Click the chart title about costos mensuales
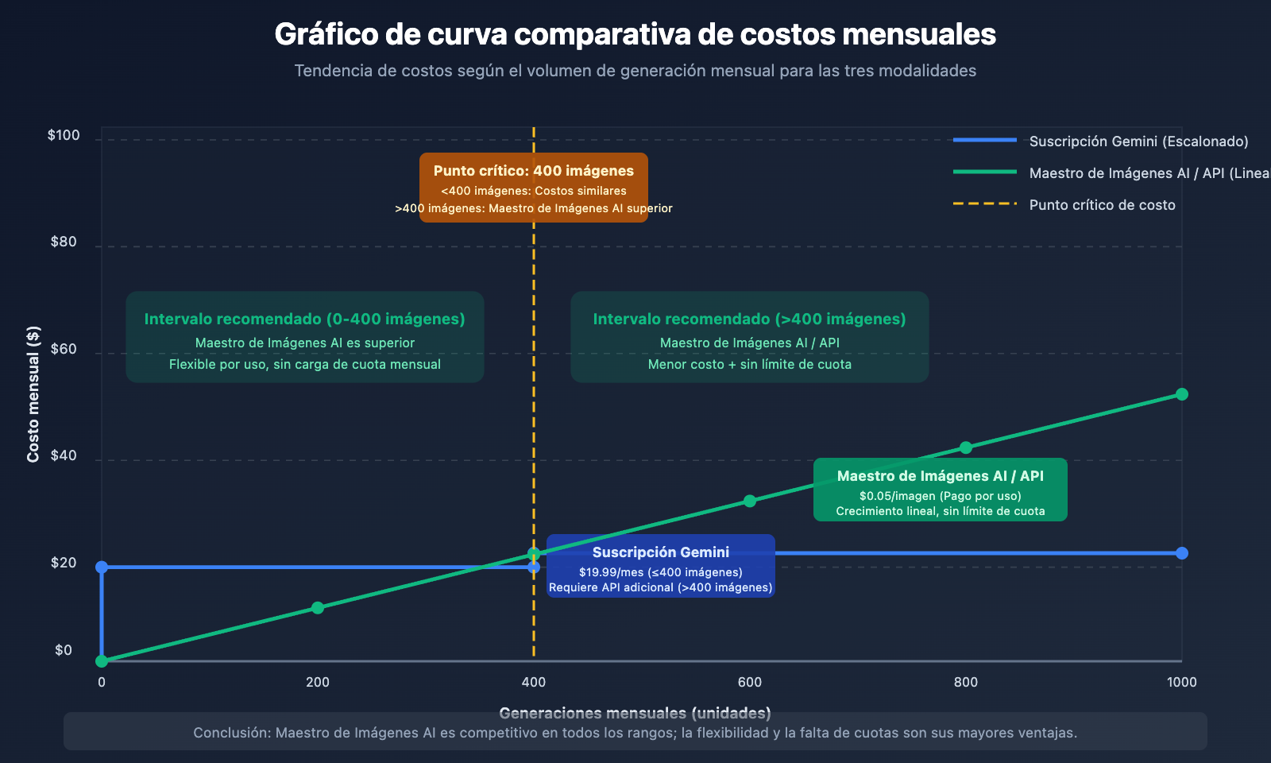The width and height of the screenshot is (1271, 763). (635, 35)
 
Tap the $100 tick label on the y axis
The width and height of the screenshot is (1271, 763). (64, 135)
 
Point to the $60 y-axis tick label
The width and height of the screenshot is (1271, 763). (64, 349)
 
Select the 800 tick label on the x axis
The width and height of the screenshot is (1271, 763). (965, 682)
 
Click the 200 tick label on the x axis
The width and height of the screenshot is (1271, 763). (318, 682)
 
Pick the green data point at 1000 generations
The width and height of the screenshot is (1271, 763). (1181, 394)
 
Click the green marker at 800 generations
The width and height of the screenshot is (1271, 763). (965, 447)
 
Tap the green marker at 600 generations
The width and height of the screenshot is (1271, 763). (749, 501)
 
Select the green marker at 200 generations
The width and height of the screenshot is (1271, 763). (318, 608)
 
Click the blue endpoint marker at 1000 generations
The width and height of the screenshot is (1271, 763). (1181, 553)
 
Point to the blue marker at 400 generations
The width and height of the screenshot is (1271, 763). (534, 567)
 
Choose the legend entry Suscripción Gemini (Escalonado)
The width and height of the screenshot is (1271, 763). (1138, 141)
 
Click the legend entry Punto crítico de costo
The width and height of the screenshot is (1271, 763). (1102, 205)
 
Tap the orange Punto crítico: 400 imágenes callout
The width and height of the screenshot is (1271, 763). (533, 188)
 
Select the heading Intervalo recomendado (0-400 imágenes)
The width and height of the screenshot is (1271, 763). (304, 320)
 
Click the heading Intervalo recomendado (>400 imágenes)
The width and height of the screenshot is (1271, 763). (749, 320)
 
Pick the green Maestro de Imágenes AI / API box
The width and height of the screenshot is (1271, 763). (940, 490)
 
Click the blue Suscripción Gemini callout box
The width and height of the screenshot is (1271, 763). (660, 566)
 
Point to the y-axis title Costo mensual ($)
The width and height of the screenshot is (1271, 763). (33, 393)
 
